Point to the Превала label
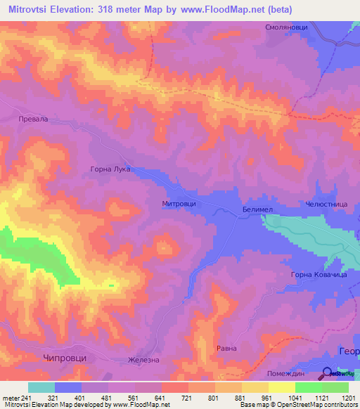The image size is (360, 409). coord(33,119)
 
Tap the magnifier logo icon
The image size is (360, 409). coord(328,373)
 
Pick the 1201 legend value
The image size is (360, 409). coord(348,398)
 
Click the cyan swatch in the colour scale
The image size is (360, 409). coord(41,387)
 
